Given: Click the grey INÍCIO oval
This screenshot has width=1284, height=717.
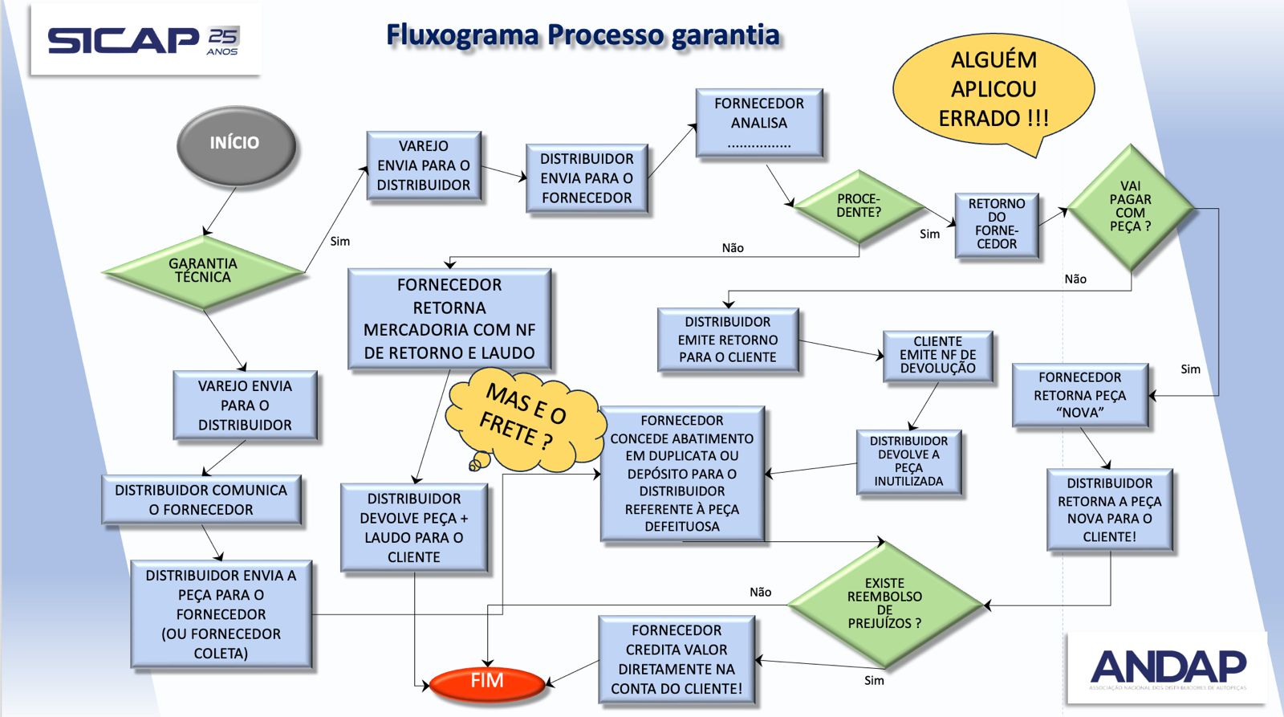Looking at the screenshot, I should (x=235, y=145).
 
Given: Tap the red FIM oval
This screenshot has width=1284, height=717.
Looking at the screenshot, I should (x=487, y=682).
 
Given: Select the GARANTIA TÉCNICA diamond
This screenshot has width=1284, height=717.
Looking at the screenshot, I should (x=203, y=271).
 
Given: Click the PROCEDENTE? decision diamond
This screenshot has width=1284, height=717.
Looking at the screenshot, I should (x=859, y=206).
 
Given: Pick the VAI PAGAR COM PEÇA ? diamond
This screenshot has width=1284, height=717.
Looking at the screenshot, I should (x=1130, y=207).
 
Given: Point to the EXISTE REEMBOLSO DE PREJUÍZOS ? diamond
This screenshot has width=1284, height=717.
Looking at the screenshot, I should (x=884, y=604).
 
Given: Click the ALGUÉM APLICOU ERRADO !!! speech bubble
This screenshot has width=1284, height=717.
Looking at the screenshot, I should (x=993, y=90).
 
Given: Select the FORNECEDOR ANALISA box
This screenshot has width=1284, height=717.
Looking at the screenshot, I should (x=759, y=123).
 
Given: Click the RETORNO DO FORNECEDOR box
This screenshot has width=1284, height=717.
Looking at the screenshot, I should (x=997, y=225).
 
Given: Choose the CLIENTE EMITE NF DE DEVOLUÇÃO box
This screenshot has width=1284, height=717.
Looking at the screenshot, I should (x=937, y=356).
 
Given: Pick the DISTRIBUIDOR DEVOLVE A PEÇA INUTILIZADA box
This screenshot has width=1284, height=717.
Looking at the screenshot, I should (x=908, y=462).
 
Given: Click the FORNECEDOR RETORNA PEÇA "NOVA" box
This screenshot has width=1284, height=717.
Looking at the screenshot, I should (x=1079, y=395).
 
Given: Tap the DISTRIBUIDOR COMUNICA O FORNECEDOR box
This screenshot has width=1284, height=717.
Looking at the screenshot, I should (x=201, y=500).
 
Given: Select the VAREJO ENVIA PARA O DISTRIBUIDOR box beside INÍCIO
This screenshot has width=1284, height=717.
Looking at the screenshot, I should (x=424, y=166).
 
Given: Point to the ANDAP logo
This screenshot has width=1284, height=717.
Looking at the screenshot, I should (x=1168, y=668).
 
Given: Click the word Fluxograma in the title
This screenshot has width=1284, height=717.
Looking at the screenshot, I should (x=462, y=35).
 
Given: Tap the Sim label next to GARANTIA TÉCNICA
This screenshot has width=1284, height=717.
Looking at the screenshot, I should (x=340, y=241).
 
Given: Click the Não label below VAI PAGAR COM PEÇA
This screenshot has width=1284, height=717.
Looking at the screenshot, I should (x=1075, y=279).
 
